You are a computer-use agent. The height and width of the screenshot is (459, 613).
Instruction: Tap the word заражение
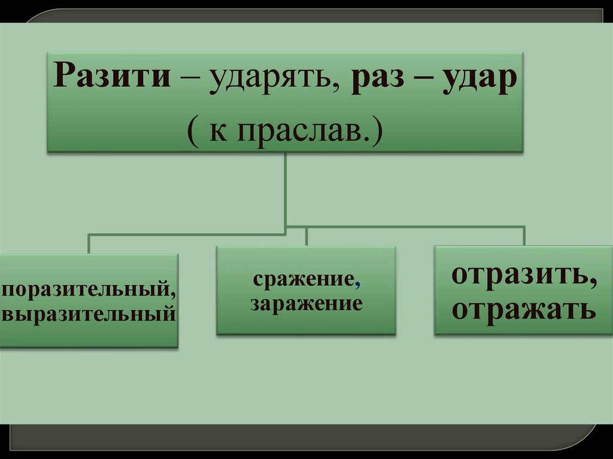(306, 303)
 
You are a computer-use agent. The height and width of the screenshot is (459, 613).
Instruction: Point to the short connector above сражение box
(306, 236)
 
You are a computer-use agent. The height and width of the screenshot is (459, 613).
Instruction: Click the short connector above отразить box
(524, 235)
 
